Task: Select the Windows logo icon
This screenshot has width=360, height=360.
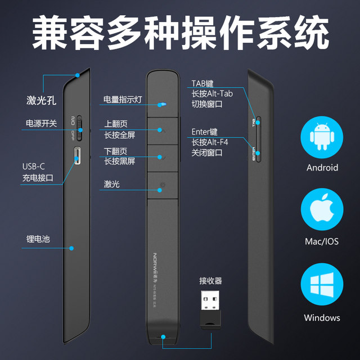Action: (x=322, y=287)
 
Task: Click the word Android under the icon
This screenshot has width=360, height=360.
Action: (x=322, y=168)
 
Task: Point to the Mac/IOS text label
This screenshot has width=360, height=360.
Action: (x=322, y=242)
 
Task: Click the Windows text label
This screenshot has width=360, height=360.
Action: (x=322, y=318)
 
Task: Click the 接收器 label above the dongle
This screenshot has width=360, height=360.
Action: (x=210, y=281)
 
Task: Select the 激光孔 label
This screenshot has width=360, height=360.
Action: (x=41, y=101)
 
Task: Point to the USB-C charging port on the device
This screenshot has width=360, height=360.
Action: (x=79, y=155)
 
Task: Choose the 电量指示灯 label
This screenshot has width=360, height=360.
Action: (x=122, y=100)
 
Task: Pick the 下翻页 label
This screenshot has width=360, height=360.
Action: (x=115, y=151)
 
